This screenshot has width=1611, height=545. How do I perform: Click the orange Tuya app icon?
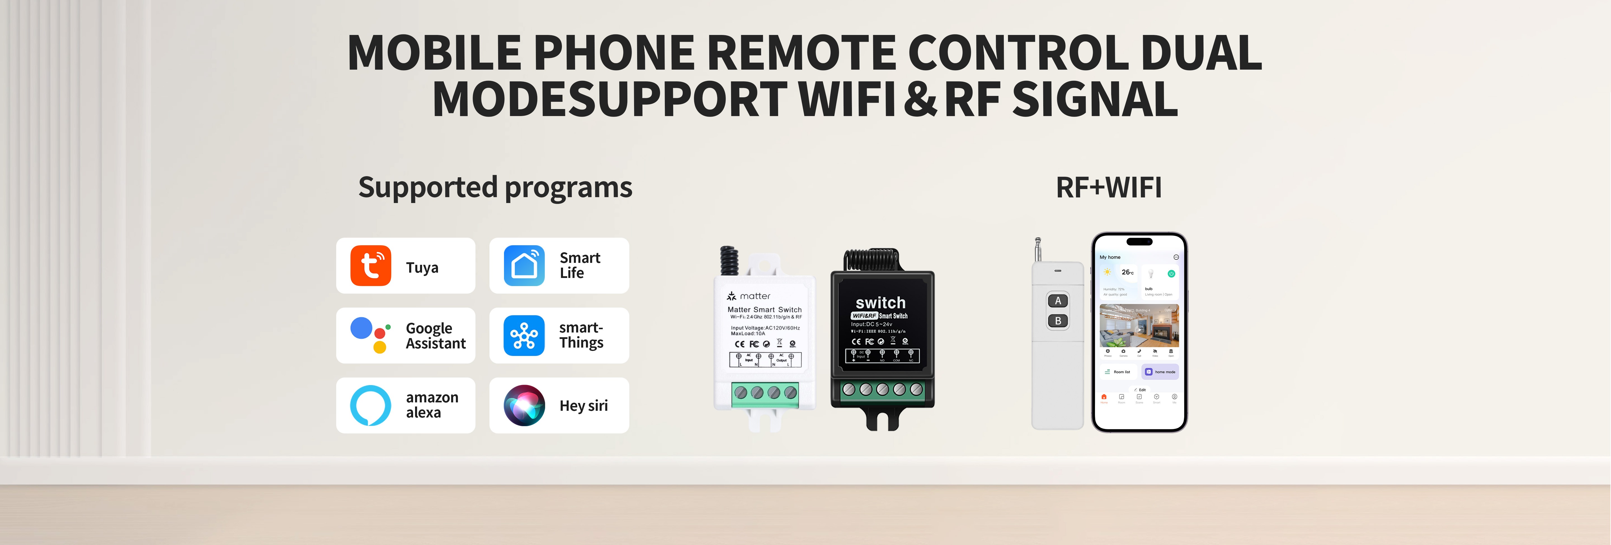[x=370, y=266]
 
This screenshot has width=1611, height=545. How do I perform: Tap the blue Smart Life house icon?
[x=524, y=266]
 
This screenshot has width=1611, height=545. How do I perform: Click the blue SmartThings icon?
[x=524, y=336]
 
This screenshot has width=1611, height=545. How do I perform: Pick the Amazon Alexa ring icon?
[x=370, y=405]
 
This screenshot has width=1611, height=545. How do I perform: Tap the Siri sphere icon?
[x=524, y=405]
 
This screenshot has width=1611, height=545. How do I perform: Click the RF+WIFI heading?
[x=1108, y=188]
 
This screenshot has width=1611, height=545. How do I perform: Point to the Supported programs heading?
[x=495, y=188]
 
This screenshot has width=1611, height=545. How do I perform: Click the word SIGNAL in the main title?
[x=1094, y=100]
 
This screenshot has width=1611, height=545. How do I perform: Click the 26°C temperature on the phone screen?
[x=1127, y=272]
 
